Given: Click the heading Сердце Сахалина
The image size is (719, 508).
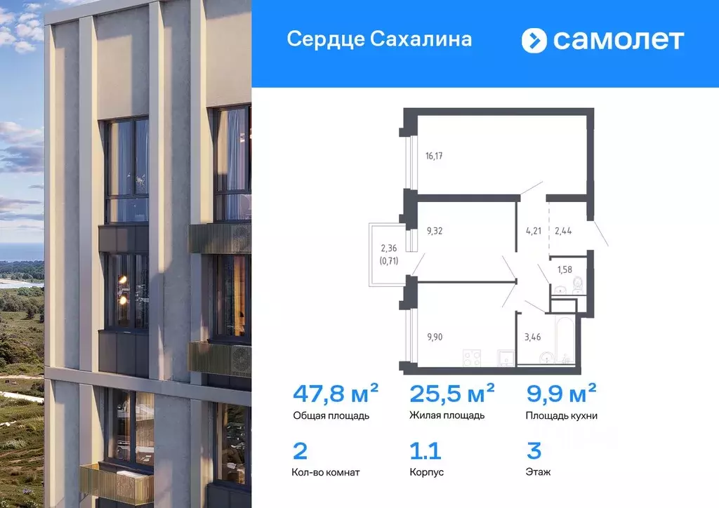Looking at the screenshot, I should (379, 39).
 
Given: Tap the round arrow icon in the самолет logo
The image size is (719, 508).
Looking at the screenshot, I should (534, 40).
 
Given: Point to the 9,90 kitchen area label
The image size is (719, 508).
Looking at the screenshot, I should (436, 336).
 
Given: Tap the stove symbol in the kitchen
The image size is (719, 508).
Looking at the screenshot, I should (470, 359).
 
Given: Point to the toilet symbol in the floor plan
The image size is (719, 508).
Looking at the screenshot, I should (577, 285).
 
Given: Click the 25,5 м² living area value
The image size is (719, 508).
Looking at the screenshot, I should (451, 392).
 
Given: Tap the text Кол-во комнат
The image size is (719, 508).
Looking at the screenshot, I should (326, 472).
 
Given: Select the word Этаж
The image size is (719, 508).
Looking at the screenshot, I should (538, 472).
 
